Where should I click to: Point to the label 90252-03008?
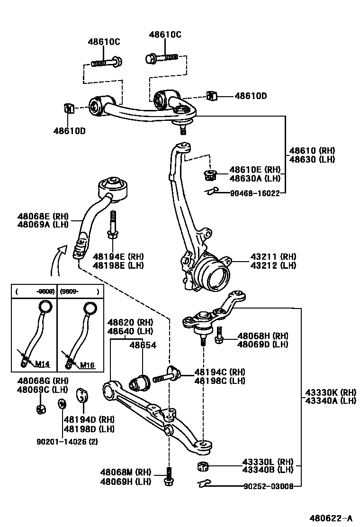click(269, 486)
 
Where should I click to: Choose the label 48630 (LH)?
click(312, 159)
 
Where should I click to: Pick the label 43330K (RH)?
click(330, 392)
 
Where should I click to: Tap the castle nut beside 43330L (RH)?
click(202, 466)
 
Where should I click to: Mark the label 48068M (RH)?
click(125, 472)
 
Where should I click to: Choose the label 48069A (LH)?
click(43, 224)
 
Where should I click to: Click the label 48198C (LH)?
click(219, 381)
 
